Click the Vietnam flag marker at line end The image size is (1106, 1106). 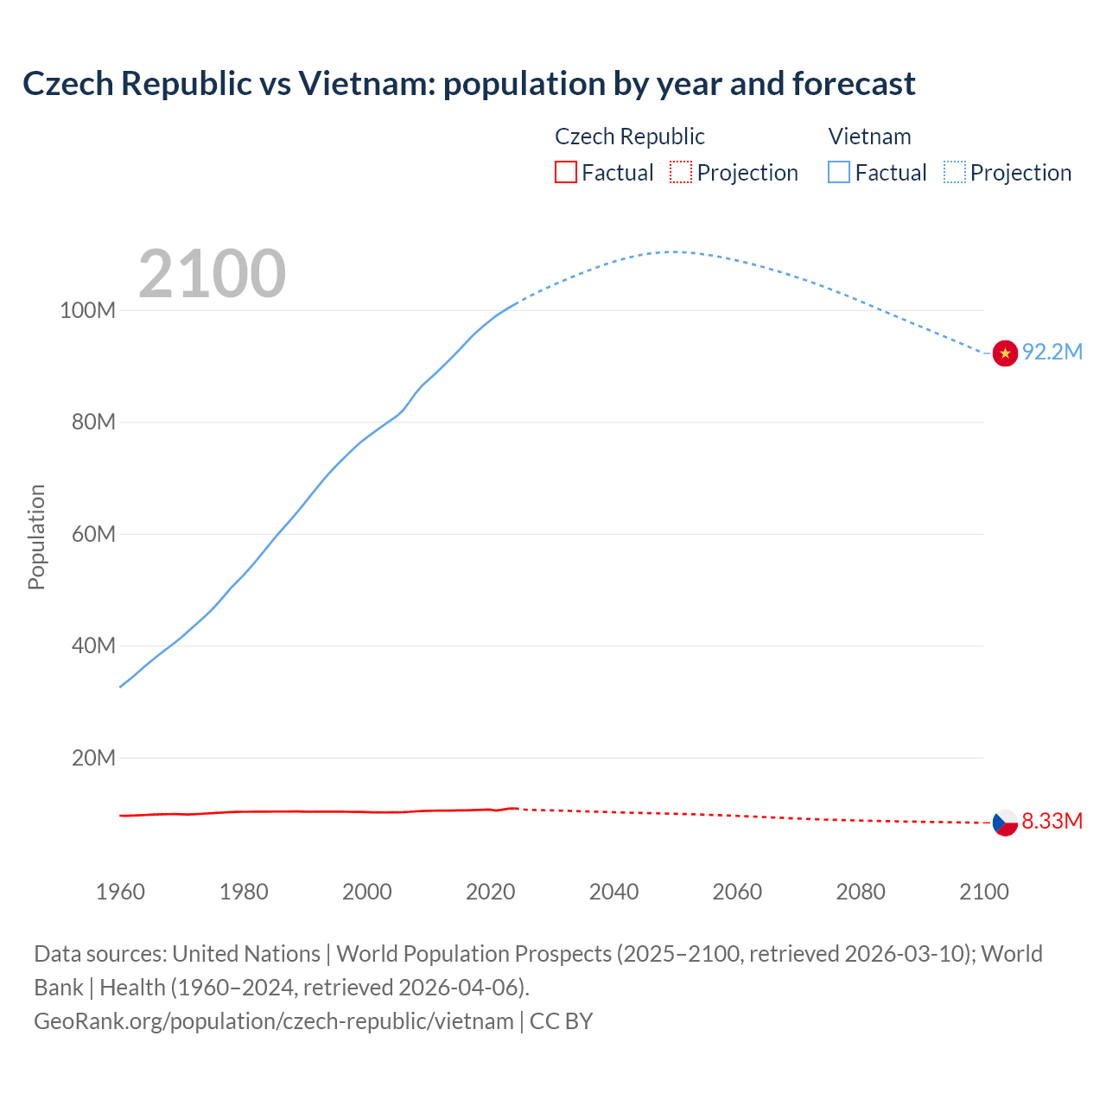[x=1005, y=353]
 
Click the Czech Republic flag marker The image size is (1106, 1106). [x=1005, y=822]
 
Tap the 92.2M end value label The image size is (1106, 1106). [x=1052, y=352]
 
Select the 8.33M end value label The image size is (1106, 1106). [x=1052, y=821]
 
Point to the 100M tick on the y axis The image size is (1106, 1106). [x=87, y=310]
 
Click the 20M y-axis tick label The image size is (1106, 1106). [x=93, y=758]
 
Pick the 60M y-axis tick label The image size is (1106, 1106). [x=93, y=534]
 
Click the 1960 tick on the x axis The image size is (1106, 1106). [x=120, y=892]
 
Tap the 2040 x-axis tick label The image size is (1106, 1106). [x=613, y=892]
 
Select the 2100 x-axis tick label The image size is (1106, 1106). [x=983, y=892]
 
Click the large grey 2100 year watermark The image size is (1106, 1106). [x=212, y=274]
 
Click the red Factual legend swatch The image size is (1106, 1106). [x=565, y=172]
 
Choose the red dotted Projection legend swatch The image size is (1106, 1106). [x=681, y=172]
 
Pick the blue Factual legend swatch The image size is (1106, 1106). [x=839, y=172]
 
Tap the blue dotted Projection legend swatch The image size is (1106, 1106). [x=954, y=172]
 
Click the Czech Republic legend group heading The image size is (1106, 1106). [x=629, y=137]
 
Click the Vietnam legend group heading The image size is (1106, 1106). [x=869, y=137]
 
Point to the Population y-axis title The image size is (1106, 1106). [x=36, y=537]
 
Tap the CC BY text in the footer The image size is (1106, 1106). [x=561, y=1021]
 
